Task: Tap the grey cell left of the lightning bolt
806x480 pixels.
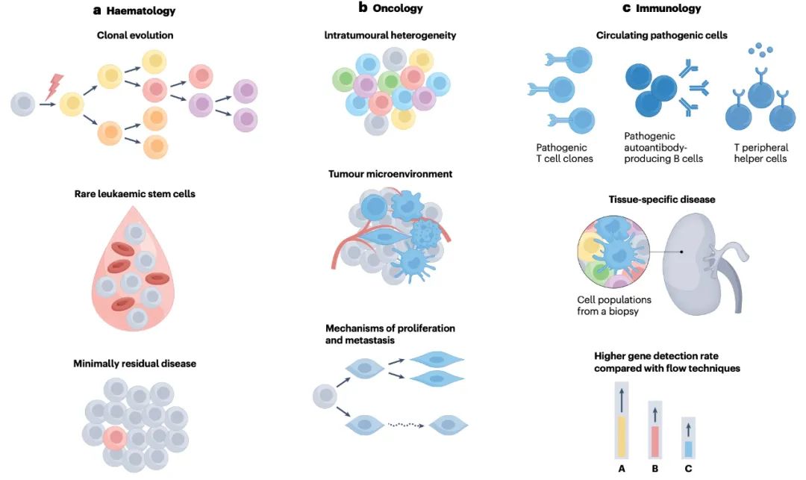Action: (x=24, y=104)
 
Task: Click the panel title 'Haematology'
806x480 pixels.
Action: (x=141, y=10)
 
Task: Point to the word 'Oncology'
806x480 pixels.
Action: (x=398, y=8)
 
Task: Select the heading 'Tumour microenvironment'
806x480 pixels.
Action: (x=390, y=174)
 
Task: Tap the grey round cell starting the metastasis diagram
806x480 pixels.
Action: (x=325, y=396)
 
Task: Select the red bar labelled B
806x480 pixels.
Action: (x=655, y=441)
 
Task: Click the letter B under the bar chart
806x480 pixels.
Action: (x=655, y=469)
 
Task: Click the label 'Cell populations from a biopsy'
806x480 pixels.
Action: (x=614, y=305)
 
